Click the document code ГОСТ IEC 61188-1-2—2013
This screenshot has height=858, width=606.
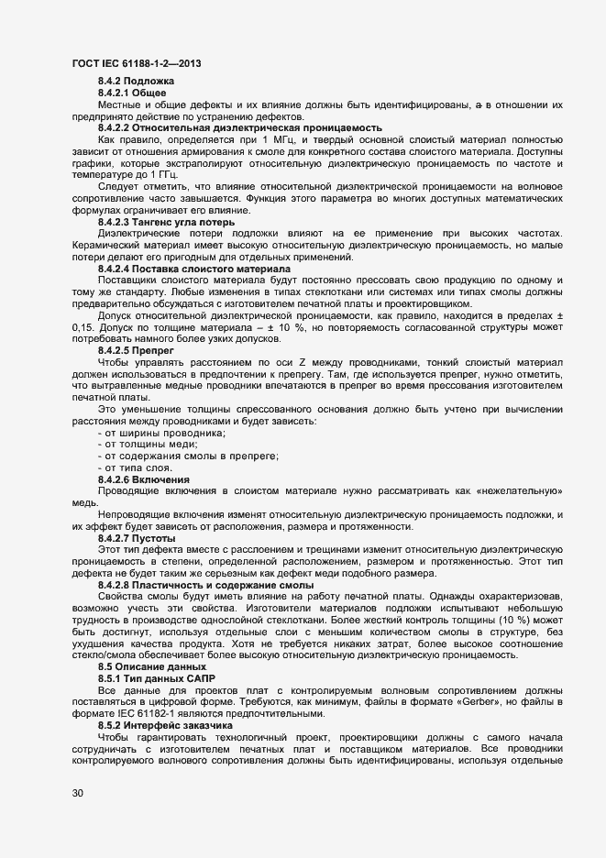(137, 63)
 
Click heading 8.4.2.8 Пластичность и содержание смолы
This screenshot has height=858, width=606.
(206, 584)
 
